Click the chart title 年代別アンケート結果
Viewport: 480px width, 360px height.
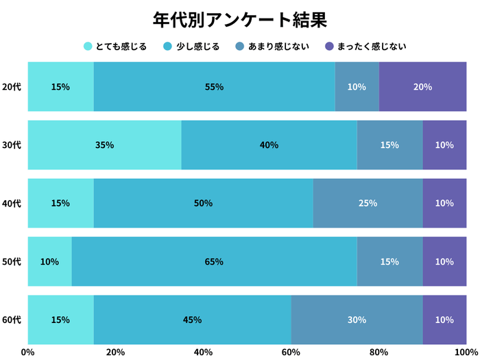[240, 19]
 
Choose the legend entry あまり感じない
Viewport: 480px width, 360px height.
[275, 47]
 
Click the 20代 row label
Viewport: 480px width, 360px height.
[12, 87]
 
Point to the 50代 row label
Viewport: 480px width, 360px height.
[12, 262]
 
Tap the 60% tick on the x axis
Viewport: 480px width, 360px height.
[291, 352]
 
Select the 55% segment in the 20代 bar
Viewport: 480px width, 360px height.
[214, 87]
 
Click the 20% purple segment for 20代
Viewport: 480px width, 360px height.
[422, 87]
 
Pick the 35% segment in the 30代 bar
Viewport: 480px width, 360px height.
[104, 145]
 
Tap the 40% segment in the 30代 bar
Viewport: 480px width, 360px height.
[269, 145]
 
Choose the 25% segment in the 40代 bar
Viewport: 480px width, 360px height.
[368, 204]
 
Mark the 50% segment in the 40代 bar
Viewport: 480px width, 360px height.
[203, 204]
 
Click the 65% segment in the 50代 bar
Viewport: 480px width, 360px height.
[214, 262]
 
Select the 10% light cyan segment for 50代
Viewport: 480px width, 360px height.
[49, 262]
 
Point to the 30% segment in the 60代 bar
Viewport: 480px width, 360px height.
[357, 320]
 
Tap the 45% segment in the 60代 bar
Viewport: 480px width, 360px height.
[192, 320]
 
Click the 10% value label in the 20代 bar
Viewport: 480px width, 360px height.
[357, 87]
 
